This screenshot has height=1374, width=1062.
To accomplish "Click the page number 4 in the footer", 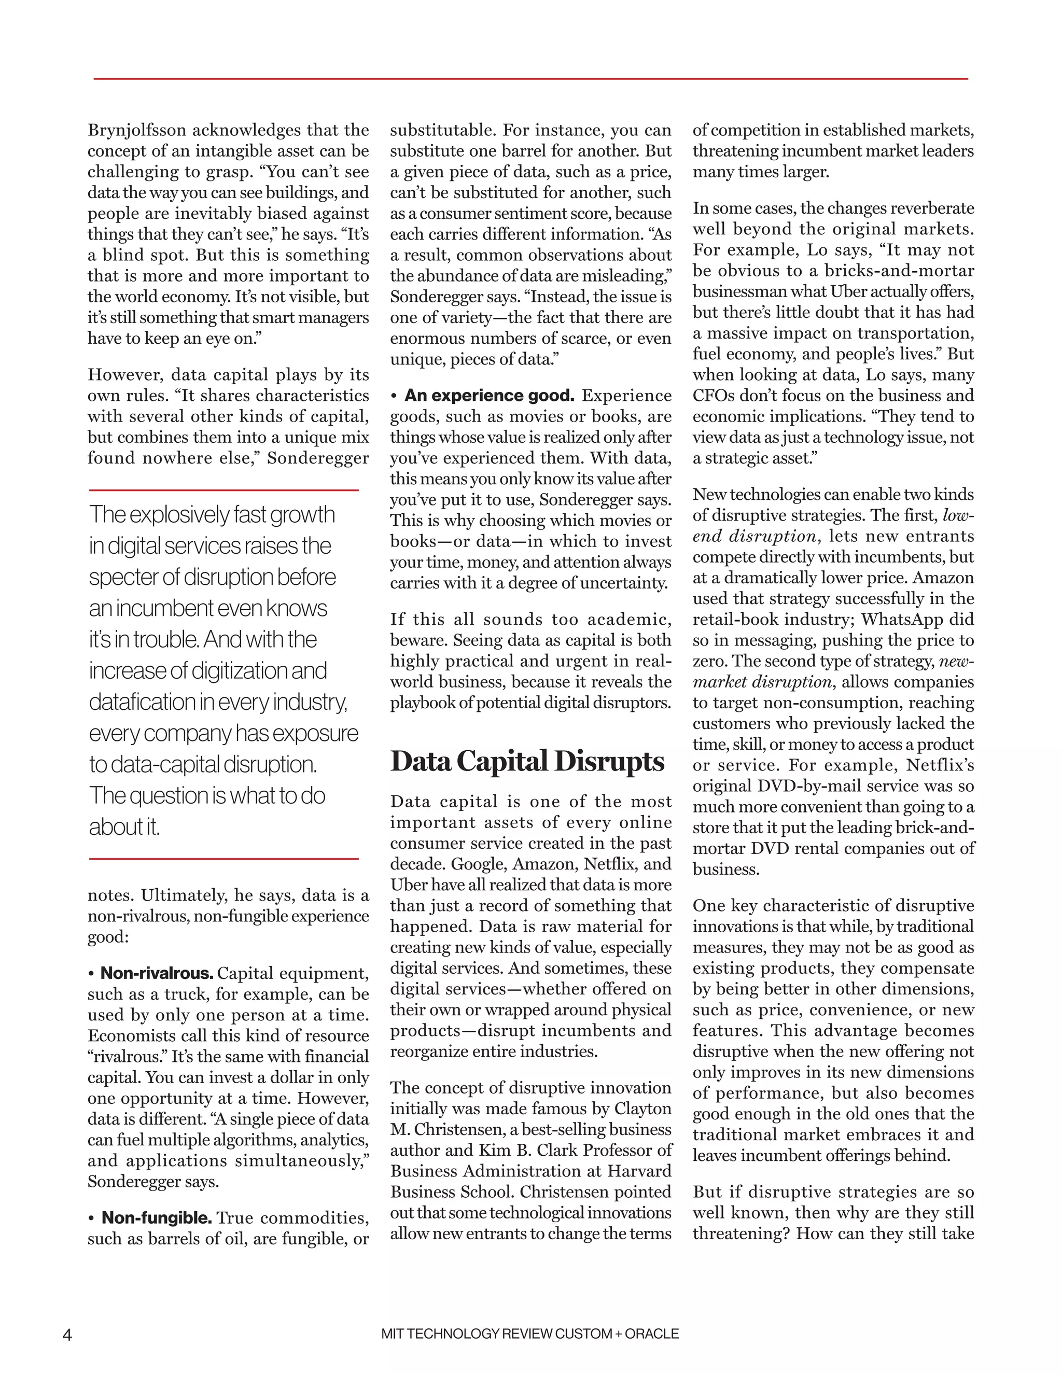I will point(67,1335).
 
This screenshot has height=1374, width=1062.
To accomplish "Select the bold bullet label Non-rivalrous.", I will point(157,973).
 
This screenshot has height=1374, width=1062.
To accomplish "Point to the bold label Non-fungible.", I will point(157,1217).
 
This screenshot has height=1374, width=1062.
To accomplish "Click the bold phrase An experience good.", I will point(489,396).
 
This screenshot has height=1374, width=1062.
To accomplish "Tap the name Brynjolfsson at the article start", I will point(136,130).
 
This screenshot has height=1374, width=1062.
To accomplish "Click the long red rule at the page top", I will point(530,79).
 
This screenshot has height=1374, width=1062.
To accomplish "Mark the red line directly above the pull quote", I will point(223,490).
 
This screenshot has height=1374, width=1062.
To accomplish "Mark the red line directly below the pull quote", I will point(223,858).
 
